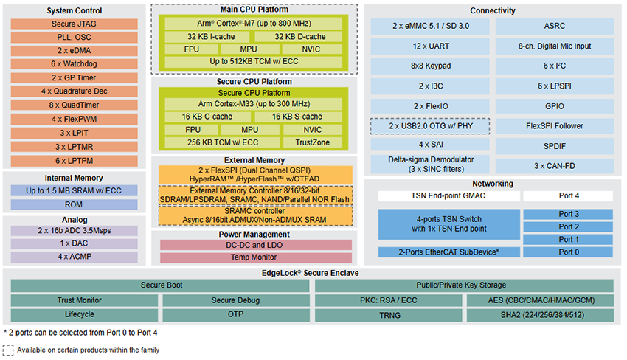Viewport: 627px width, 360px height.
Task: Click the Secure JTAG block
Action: click(75, 23)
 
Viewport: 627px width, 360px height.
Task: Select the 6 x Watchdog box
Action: click(75, 64)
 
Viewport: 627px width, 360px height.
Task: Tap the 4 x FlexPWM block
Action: click(75, 119)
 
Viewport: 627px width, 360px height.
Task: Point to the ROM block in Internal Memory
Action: click(75, 204)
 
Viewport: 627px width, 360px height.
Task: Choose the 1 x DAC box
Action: click(75, 243)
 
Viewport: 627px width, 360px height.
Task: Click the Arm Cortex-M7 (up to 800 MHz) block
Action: click(254, 23)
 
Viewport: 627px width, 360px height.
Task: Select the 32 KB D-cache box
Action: click(299, 36)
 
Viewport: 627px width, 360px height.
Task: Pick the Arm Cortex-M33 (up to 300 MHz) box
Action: click(254, 104)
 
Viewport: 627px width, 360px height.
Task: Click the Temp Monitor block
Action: click(254, 257)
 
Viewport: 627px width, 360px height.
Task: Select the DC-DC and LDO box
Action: click(254, 245)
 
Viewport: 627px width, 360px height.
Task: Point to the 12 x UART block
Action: click(430, 46)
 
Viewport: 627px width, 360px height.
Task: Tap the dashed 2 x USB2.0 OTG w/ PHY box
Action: click(430, 125)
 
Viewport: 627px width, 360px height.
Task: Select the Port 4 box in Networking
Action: click(568, 197)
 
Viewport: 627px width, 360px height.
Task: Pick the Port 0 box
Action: click(568, 252)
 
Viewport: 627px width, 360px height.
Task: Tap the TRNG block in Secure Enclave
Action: click(388, 314)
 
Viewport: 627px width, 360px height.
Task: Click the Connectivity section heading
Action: click(493, 11)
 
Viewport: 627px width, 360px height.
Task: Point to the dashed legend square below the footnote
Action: click(8, 350)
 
